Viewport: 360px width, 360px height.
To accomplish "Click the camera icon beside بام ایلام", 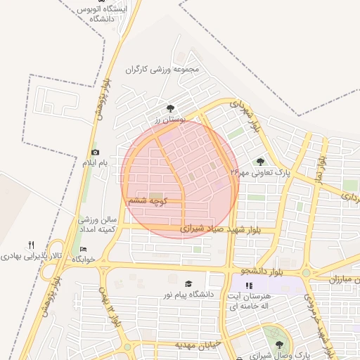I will tap(95, 153).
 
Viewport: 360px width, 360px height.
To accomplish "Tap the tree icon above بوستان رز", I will tap(171, 108).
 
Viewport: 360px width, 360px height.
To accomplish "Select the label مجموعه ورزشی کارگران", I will tap(163, 70).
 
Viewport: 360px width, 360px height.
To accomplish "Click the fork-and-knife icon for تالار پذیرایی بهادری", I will tap(30, 245).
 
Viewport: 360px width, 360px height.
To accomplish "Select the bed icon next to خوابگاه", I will tap(84, 250).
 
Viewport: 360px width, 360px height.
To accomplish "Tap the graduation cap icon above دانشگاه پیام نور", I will tap(188, 284).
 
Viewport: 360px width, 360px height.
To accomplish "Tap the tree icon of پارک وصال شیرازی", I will tap(280, 345).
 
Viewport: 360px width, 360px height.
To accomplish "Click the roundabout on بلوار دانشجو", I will tap(306, 272).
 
